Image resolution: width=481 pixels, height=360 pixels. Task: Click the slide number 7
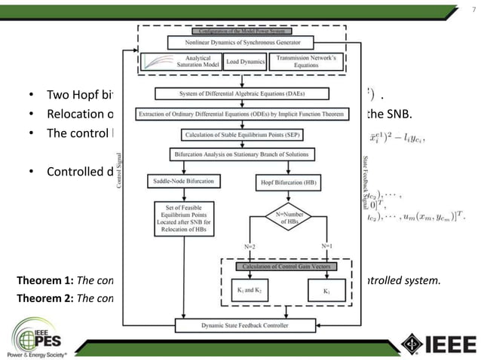[x=462, y=10]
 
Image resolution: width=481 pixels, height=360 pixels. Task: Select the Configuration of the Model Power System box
[x=240, y=31]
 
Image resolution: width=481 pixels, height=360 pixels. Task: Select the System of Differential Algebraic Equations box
[x=240, y=94]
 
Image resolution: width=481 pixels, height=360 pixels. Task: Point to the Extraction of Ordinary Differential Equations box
[x=240, y=114]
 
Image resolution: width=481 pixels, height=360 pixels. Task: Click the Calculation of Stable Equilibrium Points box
[x=240, y=136]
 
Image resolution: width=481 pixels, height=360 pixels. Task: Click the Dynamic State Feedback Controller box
[x=240, y=326]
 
